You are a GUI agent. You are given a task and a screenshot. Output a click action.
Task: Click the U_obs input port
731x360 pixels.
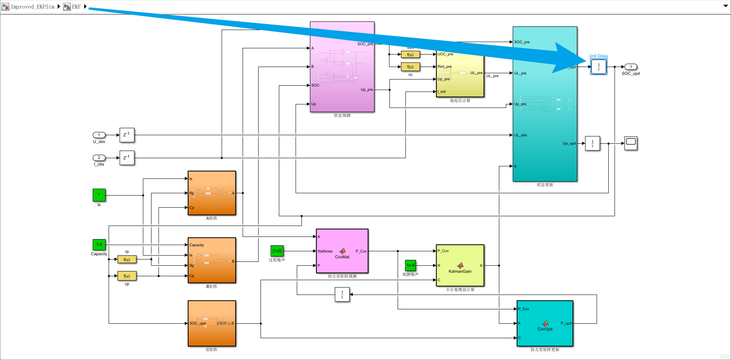99,135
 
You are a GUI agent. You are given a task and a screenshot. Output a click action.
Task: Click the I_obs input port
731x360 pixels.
99,158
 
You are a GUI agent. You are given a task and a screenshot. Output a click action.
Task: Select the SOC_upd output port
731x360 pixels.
631,67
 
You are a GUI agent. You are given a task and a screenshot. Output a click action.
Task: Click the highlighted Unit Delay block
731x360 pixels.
599,67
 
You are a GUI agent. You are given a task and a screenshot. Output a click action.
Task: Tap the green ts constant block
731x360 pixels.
99,195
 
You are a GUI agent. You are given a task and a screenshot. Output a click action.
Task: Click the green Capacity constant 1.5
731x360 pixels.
99,245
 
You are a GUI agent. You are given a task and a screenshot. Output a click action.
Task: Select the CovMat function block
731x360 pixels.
342,251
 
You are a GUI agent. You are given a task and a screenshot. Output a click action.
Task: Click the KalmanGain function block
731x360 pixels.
460,266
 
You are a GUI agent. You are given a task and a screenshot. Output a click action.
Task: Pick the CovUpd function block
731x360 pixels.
545,323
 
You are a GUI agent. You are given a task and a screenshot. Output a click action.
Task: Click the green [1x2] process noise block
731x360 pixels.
277,251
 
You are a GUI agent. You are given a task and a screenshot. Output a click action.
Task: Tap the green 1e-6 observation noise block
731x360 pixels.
410,265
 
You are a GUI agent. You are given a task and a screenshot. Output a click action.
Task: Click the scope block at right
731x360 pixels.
631,143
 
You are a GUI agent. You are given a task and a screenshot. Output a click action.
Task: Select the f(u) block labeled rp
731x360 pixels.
127,259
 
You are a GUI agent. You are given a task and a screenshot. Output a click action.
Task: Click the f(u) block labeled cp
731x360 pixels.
127,276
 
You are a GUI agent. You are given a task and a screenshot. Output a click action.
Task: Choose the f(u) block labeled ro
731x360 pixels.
410,67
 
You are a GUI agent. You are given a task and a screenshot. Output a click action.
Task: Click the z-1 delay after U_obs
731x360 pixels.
127,135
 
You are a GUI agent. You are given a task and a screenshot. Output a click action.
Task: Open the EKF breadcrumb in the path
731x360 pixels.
76,7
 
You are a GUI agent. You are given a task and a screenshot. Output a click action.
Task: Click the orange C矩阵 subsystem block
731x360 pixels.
212,323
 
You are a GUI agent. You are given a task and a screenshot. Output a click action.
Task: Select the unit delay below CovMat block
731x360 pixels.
342,295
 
